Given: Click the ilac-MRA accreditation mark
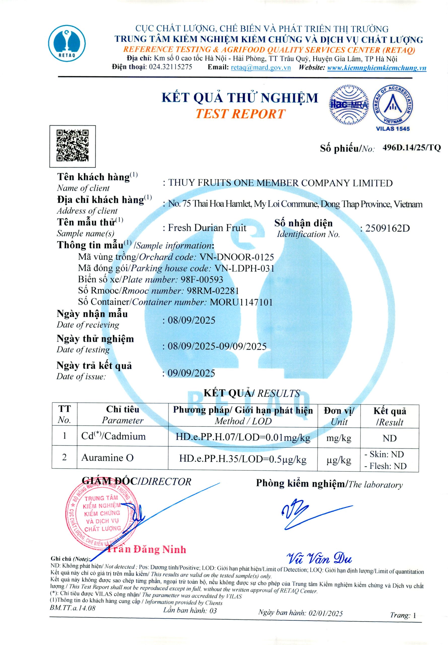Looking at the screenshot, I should (x=349, y=105).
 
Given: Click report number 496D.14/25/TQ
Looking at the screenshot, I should (x=411, y=148).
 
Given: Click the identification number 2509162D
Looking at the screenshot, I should (x=387, y=228).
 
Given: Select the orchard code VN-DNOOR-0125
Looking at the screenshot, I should (x=236, y=257).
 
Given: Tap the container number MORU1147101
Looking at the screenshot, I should (x=241, y=302).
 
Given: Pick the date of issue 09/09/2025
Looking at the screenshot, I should (x=191, y=373).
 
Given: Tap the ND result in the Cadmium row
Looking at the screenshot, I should (x=389, y=438).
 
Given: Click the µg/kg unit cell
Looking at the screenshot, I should (x=338, y=460).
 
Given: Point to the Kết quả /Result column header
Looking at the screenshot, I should (x=389, y=416).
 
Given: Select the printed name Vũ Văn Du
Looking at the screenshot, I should (x=319, y=559).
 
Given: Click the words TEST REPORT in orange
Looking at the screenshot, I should (x=240, y=114).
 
